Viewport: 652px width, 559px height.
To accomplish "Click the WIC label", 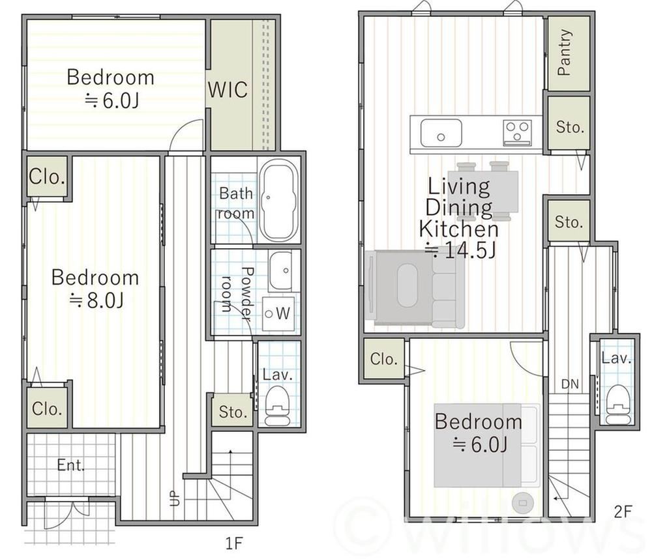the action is coord(228,89).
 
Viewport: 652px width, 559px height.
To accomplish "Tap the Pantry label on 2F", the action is coord(564,52).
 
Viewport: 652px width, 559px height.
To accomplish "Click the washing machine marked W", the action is coord(278,314).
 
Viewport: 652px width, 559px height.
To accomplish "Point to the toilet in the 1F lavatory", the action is coord(276,405).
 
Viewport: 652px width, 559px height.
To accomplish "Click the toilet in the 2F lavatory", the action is coord(617,403).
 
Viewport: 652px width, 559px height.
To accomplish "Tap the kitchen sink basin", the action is coord(441,132).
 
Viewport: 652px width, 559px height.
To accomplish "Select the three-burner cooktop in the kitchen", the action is coord(517,132).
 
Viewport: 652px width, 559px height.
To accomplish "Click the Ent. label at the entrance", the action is coord(70,465).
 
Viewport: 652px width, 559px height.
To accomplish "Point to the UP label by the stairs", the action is coord(175,498).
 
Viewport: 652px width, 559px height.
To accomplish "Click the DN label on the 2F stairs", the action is coord(570,384).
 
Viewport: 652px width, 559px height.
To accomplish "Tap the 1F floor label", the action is coord(233,543).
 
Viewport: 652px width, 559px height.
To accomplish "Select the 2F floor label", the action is coord(623,511).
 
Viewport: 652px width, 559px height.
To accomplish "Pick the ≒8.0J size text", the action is coord(96,300).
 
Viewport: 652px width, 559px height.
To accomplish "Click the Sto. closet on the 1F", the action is coord(233,412).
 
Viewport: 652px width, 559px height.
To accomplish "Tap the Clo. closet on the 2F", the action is coord(383,359).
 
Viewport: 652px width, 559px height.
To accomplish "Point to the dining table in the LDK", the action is coord(483,191).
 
